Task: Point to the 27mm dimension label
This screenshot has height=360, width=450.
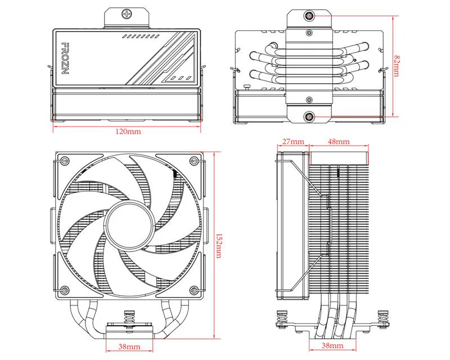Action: tap(293, 141)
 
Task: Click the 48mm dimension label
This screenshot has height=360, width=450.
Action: tap(339, 141)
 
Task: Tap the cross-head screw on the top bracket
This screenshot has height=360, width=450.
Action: tap(128, 13)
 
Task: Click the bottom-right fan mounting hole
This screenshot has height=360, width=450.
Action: tap(194, 290)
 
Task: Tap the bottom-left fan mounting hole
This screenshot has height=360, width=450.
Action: tap(64, 290)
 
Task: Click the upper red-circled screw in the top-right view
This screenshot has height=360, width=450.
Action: tap(309, 16)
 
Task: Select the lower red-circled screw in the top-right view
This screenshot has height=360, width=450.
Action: tap(309, 117)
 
